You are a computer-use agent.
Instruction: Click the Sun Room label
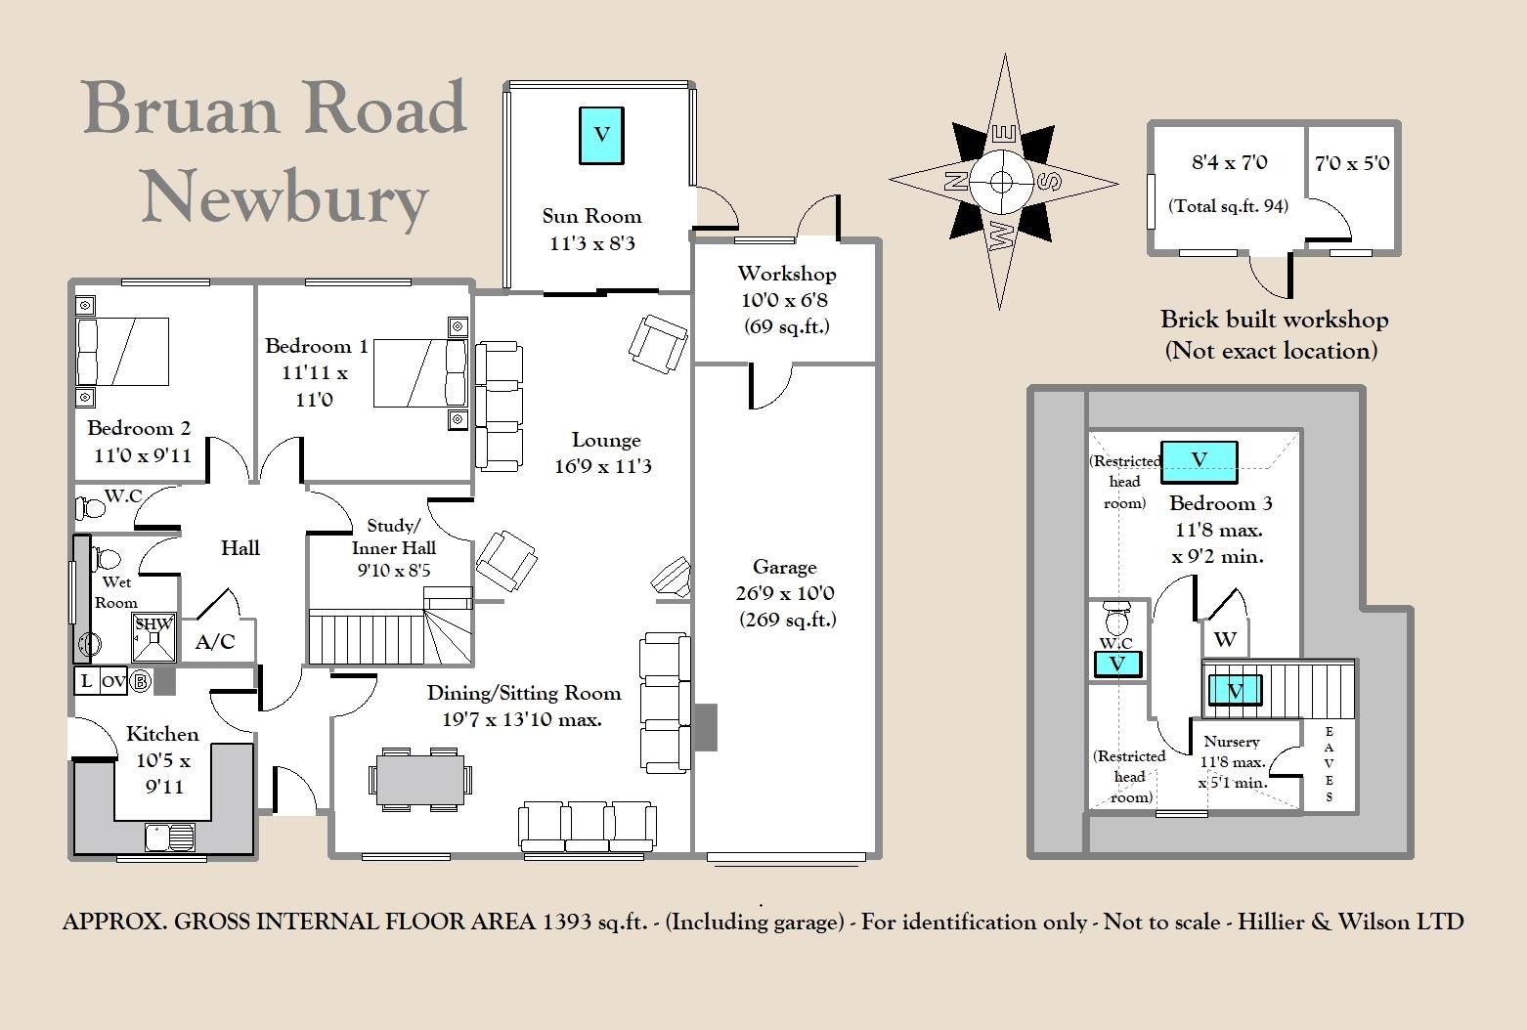[591, 216]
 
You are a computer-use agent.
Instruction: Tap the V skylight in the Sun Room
[601, 135]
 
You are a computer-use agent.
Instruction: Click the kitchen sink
[169, 837]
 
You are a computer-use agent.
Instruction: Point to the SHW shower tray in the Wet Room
[153, 632]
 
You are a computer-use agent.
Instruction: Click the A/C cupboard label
[215, 642]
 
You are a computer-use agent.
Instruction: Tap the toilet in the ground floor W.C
[92, 508]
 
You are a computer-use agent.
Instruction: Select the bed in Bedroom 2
[122, 351]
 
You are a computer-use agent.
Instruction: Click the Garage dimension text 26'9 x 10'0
[785, 593]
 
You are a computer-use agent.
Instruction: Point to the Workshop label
[786, 274]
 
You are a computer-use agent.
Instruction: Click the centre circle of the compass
[1002, 182]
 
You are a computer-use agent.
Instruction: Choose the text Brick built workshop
[1274, 320]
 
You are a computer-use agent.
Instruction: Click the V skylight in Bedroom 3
[1199, 460]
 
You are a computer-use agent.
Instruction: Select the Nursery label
[1232, 741]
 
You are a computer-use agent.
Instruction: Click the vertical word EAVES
[1329, 764]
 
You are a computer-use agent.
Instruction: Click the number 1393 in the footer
[565, 922]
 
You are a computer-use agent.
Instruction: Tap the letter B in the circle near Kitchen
[141, 681]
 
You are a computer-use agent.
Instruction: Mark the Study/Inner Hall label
[393, 536]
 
